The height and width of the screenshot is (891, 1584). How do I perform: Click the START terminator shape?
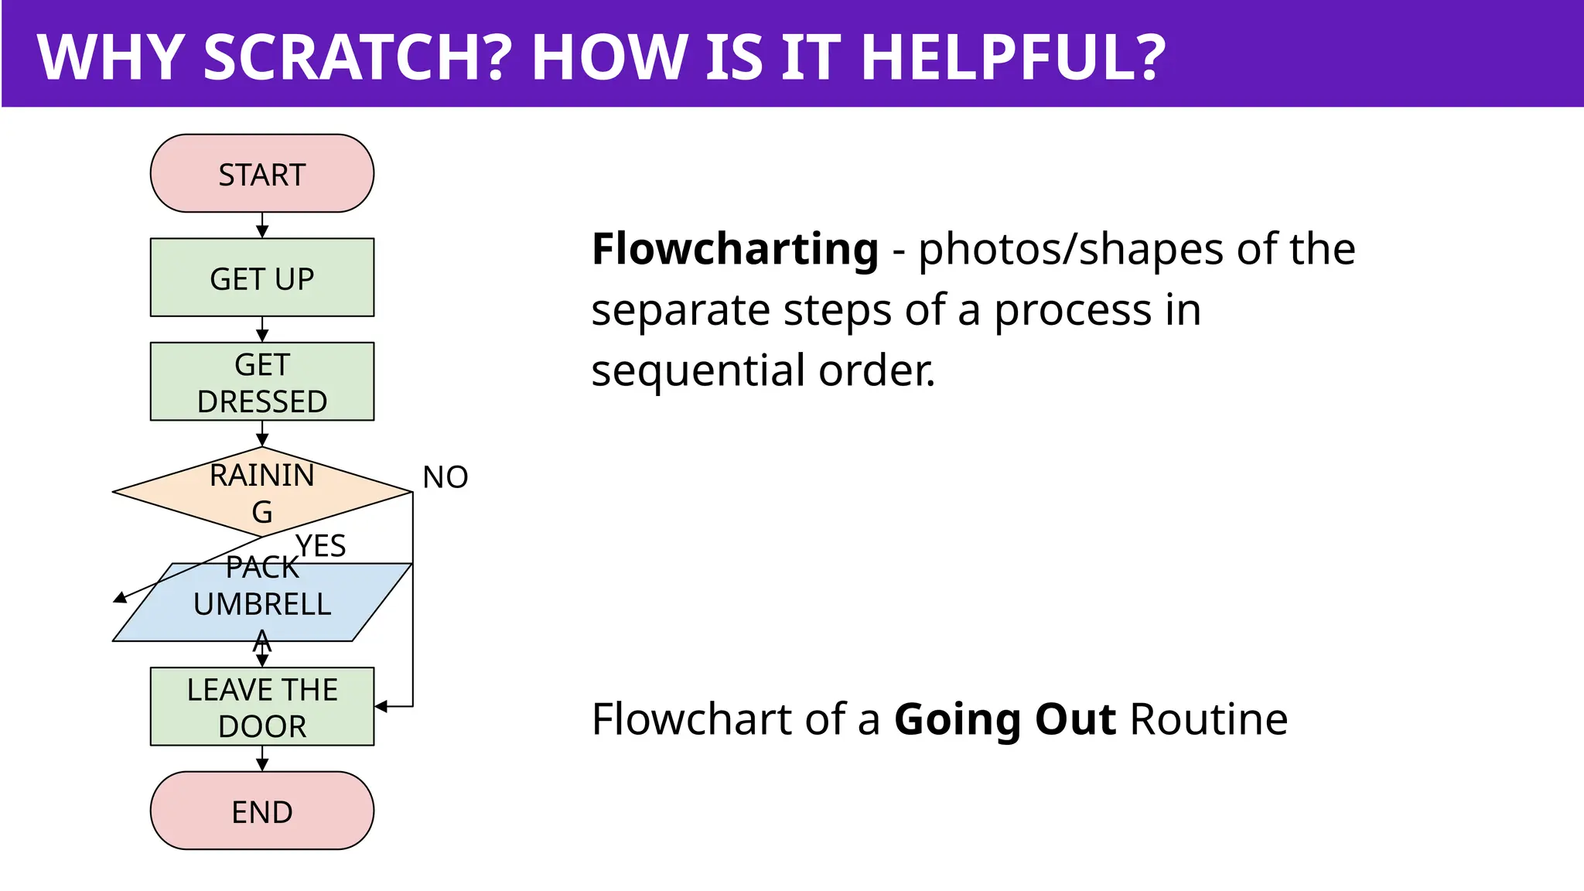[261, 173]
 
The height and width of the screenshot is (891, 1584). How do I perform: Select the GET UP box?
[261, 278]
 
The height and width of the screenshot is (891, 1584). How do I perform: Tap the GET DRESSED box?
[261, 382]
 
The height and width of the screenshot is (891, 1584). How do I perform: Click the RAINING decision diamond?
[261, 492]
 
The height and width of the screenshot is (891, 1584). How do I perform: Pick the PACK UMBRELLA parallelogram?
[261, 603]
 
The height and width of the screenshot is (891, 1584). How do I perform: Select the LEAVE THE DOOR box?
[261, 707]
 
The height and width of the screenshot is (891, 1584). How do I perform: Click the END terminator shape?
[261, 811]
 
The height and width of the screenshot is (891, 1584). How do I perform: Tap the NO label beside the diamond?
[445, 477]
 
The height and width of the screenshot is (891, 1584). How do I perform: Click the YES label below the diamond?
[320, 546]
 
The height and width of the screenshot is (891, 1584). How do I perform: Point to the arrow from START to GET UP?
[262, 226]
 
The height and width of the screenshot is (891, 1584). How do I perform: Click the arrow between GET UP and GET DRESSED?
[262, 330]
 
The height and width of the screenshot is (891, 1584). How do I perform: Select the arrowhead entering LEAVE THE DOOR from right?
[381, 706]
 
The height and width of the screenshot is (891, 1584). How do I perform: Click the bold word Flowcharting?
[735, 249]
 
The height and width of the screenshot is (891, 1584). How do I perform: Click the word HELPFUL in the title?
[1012, 57]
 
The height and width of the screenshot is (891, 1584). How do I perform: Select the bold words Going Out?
[1005, 719]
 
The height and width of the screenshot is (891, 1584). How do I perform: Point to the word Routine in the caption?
[1209, 719]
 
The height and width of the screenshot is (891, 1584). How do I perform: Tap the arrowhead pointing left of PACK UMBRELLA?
[121, 597]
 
